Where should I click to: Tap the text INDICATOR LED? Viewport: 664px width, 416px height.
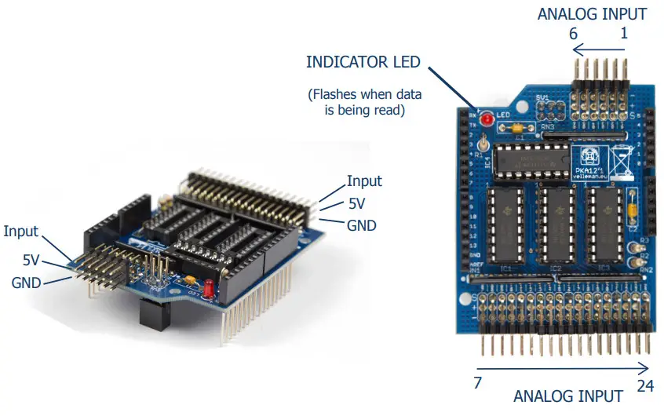[363, 61]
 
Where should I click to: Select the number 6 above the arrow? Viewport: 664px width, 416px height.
[573, 34]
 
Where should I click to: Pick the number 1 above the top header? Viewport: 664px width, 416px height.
[625, 34]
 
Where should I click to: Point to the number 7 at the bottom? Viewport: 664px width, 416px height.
[478, 384]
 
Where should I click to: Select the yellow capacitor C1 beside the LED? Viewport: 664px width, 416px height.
[516, 127]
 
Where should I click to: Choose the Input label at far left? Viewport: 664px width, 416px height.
[21, 232]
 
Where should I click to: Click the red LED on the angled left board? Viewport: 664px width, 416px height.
[208, 290]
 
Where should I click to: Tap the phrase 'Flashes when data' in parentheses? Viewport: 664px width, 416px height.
[364, 95]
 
